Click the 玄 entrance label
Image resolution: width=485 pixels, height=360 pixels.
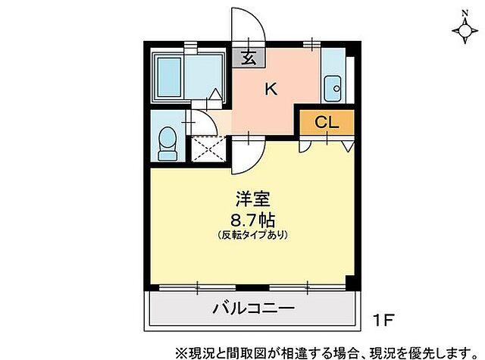(248, 56)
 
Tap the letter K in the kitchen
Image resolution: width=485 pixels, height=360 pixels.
(271, 89)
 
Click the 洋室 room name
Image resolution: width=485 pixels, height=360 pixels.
(253, 200)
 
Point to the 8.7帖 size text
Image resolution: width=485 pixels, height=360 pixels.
(253, 220)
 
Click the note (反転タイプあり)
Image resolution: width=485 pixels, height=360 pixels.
(253, 235)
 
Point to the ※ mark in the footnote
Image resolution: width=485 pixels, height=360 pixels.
(180, 352)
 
